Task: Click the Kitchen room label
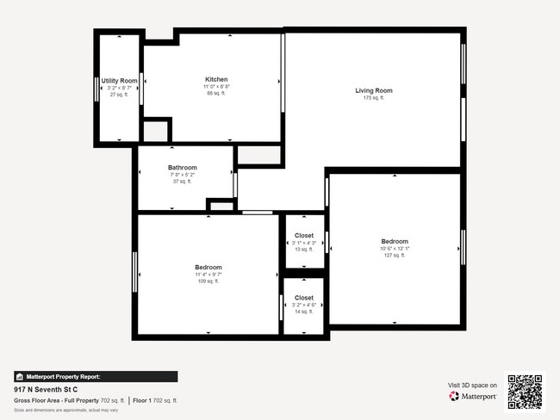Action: pos(216,79)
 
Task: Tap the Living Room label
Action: pos(374,90)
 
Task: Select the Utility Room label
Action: pos(120,81)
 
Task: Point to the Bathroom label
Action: pos(183,168)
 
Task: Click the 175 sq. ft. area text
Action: pos(374,98)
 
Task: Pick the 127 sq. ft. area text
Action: pos(395,256)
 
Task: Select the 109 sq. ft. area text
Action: pos(208,281)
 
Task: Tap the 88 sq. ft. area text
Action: pos(216,93)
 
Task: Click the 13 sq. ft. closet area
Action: pos(304,250)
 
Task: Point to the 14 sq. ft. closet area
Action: pos(304,312)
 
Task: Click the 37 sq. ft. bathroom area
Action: pos(183,182)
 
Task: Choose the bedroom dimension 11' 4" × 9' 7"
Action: pos(208,275)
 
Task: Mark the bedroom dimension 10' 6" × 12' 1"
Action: pos(395,249)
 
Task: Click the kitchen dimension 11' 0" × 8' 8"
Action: pos(216,87)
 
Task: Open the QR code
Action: pos(525,391)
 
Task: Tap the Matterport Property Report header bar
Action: pos(96,376)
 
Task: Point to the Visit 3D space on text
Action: pos(473,385)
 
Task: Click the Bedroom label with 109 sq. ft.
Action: pos(208,267)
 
